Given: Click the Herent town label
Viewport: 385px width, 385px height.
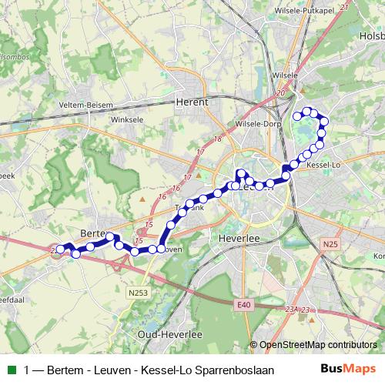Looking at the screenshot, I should pos(192,101).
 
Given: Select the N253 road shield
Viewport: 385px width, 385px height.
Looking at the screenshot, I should pos(139,292).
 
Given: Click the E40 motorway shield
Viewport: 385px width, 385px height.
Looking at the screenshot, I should pos(243,306).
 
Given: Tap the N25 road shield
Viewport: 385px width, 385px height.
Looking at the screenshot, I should pos(331,244).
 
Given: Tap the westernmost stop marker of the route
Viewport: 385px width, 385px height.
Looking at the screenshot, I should pos(60,249).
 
